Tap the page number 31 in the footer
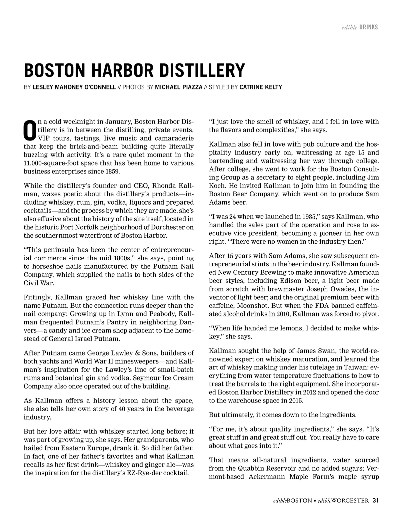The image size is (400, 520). coord(376,500)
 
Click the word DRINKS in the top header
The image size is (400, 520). coord(368,27)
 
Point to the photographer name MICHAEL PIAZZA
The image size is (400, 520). coord(179,87)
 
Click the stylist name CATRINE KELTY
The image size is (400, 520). coord(261,87)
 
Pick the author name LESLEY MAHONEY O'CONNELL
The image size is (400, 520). coord(74,87)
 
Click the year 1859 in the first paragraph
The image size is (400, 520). coord(112,172)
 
